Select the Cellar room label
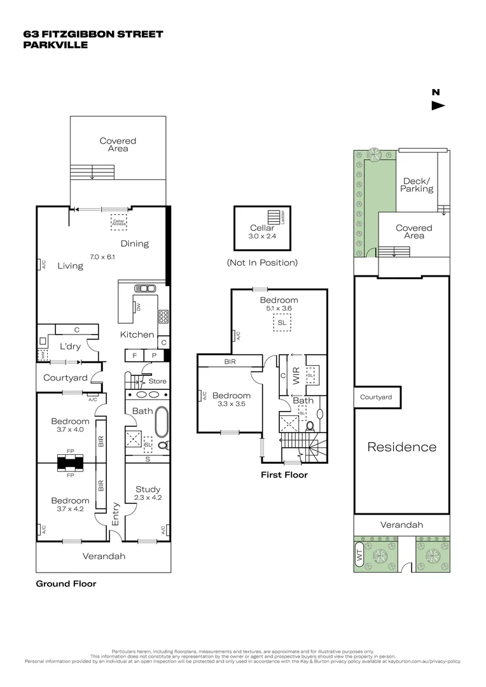point(261,228)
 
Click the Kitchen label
point(137,335)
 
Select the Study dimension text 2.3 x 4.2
point(148,497)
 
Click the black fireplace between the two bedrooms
point(70,462)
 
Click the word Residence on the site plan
point(402,447)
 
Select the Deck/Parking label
point(417,184)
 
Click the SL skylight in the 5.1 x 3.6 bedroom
point(281,323)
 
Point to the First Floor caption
point(284,475)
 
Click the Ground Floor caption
point(66,583)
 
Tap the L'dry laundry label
point(69,347)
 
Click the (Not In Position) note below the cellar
point(262,262)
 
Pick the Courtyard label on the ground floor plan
point(65,378)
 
